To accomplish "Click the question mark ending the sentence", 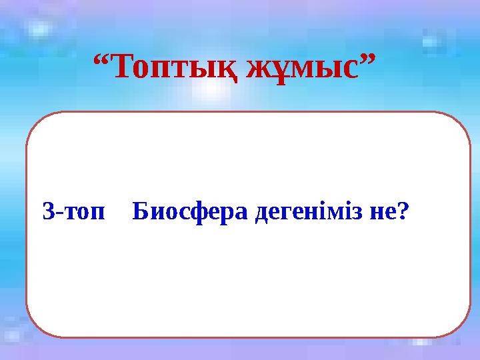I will click(401, 212).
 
